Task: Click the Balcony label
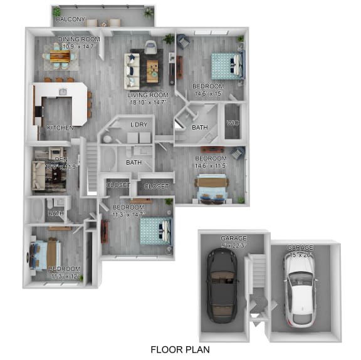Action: pyautogui.click(x=70, y=19)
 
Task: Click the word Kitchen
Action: pyautogui.click(x=60, y=128)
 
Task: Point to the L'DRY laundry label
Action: pyautogui.click(x=139, y=125)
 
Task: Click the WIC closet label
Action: pyautogui.click(x=233, y=123)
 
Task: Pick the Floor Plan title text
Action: pyautogui.click(x=180, y=349)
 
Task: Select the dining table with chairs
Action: pyautogui.click(x=61, y=58)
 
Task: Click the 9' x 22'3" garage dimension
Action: pyautogui.click(x=233, y=245)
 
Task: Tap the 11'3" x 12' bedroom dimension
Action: pyautogui.click(x=65, y=276)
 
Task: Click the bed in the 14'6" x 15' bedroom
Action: pyautogui.click(x=224, y=64)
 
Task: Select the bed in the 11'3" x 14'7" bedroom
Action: pyautogui.click(x=155, y=230)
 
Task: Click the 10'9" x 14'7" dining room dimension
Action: pyautogui.click(x=79, y=46)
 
